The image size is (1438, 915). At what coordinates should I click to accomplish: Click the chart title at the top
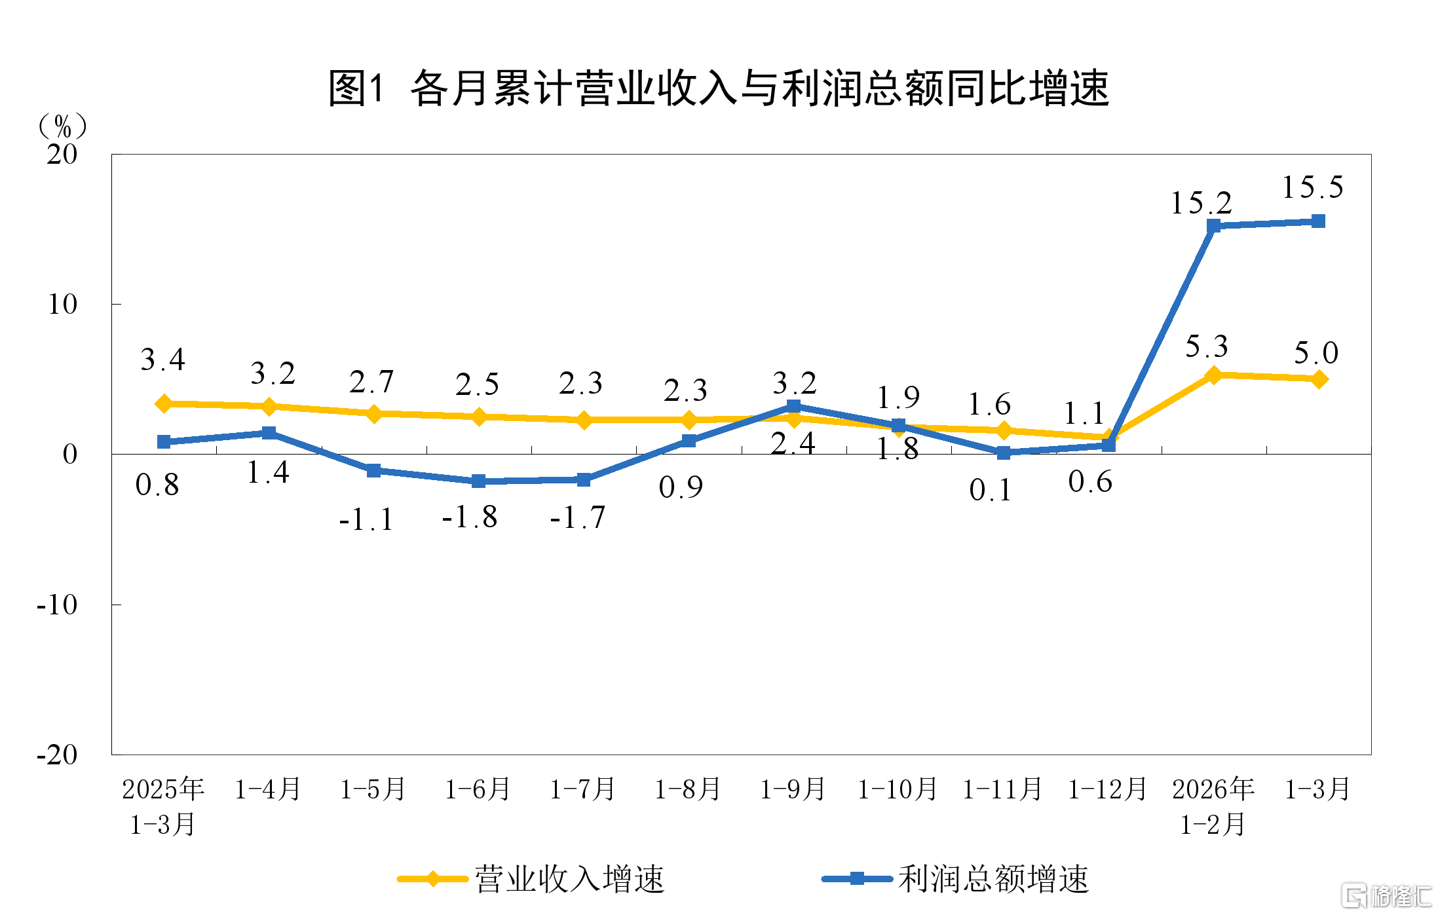coord(718,88)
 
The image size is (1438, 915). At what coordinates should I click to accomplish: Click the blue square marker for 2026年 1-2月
coord(1213,226)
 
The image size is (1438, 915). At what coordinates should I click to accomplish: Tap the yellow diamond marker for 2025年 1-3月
coord(164,403)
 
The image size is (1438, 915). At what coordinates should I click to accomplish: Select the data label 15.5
coord(1312,187)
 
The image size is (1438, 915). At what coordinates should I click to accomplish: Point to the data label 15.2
coord(1201,203)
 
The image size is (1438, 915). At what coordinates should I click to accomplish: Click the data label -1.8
coord(470,517)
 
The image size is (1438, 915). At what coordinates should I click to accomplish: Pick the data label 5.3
coord(1206,346)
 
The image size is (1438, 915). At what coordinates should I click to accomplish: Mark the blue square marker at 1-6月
coord(479,481)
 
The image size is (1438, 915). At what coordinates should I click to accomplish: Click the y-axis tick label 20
coord(62,155)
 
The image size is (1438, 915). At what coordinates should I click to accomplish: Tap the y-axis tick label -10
coord(58,605)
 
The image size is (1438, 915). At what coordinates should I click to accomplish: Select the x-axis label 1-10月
coord(898,789)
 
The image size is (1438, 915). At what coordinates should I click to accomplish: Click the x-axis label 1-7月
coord(582,789)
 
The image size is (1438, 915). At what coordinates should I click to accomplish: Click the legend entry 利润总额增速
coord(956,879)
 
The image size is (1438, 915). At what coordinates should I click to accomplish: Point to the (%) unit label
coord(63,125)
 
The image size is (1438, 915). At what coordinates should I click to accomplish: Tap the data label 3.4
coord(163,360)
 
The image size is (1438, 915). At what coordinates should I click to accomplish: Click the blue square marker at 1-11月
coord(1003,453)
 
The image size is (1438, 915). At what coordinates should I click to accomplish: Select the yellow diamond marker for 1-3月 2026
coord(1319,379)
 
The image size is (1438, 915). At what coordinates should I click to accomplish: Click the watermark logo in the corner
coord(1386,895)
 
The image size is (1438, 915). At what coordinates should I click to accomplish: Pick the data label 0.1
coord(991,490)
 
